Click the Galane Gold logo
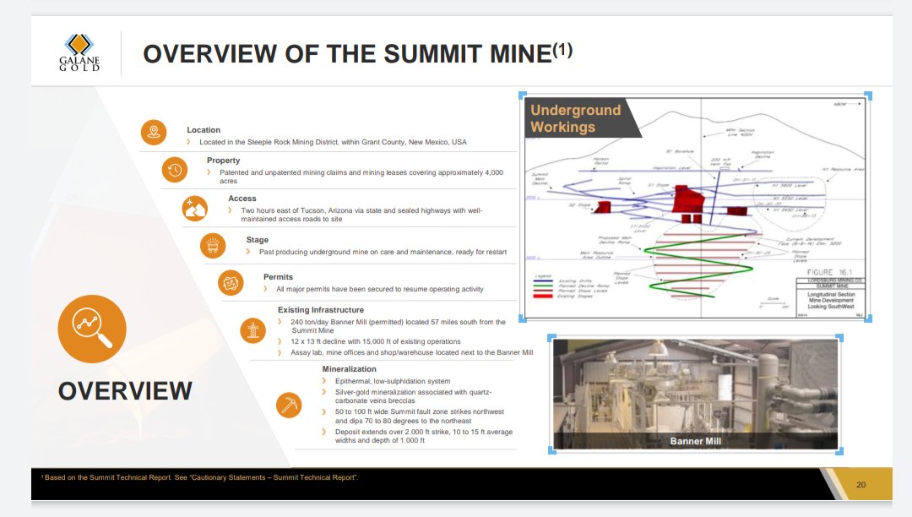tap(79, 52)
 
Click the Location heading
tap(204, 130)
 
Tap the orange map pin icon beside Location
tap(153, 132)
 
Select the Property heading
tap(223, 161)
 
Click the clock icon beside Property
tap(174, 170)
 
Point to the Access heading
tap(242, 199)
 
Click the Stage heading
tap(258, 240)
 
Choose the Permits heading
tap(278, 277)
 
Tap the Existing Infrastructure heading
tap(321, 310)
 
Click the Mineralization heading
tap(350, 369)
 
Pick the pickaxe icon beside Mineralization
tap(289, 405)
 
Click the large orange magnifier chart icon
tap(91, 329)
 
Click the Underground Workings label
tap(575, 119)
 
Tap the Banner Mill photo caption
tap(696, 441)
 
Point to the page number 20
tap(860, 485)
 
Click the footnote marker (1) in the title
tap(562, 51)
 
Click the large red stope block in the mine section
tap(685, 199)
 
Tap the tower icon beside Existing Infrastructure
tap(252, 329)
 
